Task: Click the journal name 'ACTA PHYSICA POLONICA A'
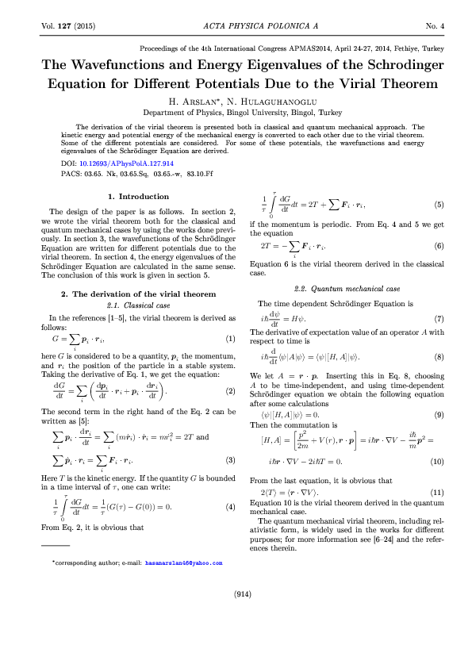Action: click(236, 26)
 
